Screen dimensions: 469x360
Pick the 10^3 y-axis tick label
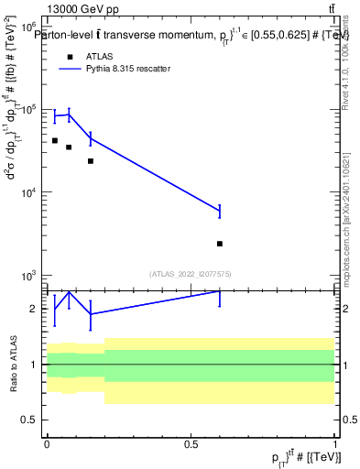(27, 275)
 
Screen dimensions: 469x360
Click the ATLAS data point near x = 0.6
(220, 244)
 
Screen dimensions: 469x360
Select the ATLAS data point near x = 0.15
(90, 161)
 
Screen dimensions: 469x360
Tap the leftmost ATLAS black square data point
(55, 140)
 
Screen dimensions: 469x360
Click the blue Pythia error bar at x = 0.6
(220, 212)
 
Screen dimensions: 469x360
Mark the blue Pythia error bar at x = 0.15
(90, 138)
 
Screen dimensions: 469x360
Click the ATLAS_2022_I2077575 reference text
(191, 273)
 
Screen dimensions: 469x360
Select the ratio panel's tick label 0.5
(31, 420)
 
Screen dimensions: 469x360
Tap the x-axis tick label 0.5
(191, 443)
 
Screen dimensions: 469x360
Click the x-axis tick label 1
(334, 443)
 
